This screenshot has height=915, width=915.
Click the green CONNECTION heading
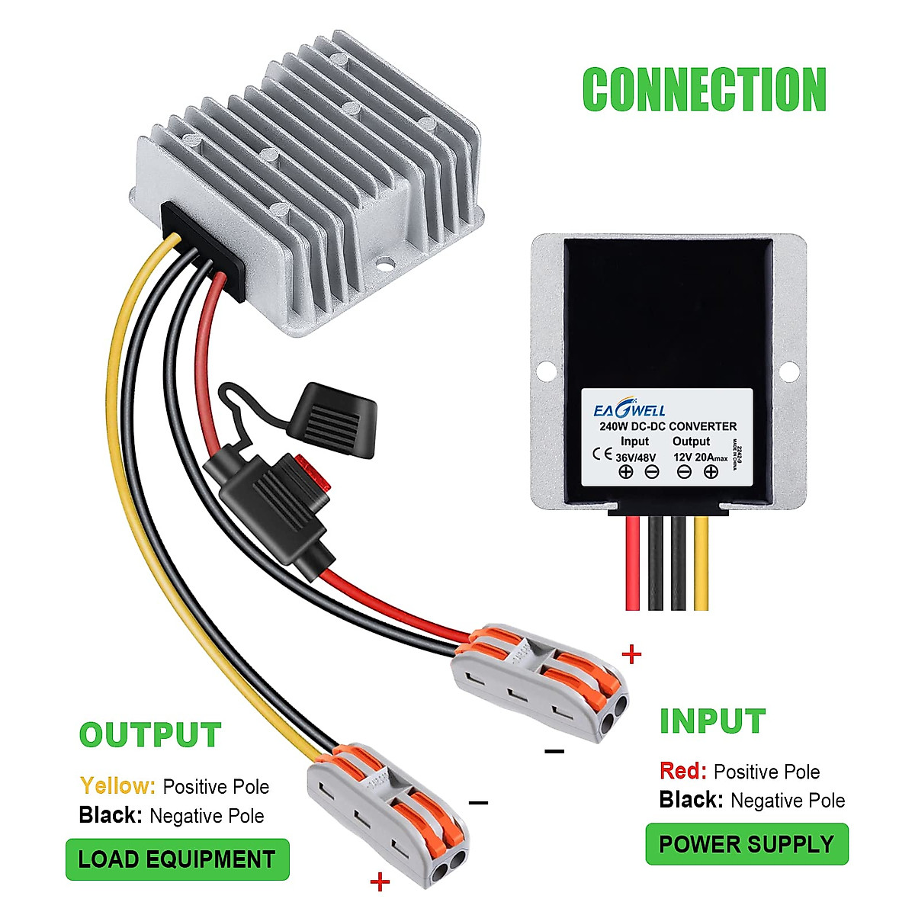click(704, 90)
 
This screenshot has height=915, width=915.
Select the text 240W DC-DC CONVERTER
click(668, 427)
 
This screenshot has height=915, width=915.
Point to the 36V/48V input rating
click(635, 456)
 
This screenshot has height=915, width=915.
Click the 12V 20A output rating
click(701, 456)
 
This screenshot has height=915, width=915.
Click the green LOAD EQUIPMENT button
click(177, 859)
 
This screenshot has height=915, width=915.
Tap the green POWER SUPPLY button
click(746, 844)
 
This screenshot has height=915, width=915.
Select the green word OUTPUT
click(150, 736)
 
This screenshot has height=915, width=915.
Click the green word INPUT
click(712, 722)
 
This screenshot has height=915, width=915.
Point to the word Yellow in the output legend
click(117, 786)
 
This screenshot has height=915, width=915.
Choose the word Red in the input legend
click(683, 772)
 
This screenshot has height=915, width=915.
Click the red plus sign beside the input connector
click(632, 654)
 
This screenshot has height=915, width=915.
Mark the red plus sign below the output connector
click(380, 883)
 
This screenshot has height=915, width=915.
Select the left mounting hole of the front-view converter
click(547, 372)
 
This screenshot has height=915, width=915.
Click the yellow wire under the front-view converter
click(701, 564)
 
